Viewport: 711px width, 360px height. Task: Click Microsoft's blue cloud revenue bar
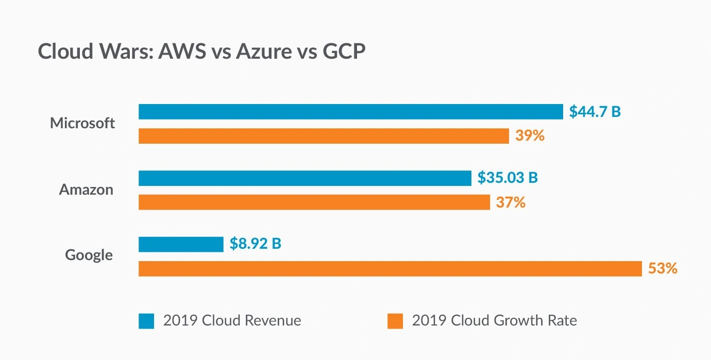pos(350,112)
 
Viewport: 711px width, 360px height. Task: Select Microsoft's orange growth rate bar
pos(324,136)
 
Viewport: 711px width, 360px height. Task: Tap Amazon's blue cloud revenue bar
pos(304,178)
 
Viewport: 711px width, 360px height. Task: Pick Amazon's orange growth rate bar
pos(314,202)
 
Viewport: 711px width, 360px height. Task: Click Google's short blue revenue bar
pos(181,244)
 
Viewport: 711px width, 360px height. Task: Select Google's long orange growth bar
pos(390,268)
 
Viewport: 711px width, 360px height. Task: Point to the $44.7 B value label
pos(595,112)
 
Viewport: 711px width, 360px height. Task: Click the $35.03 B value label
pos(507,178)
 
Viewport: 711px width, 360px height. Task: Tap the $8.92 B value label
pos(256,244)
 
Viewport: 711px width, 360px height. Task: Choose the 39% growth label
pos(529,136)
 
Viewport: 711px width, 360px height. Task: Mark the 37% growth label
pos(511,202)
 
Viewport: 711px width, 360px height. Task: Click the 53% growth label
pos(663,268)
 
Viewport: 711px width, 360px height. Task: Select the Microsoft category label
pos(82,124)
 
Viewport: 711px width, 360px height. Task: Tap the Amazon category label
pos(86,190)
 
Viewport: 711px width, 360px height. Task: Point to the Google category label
pos(89,255)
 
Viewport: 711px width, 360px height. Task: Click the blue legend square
pos(146,321)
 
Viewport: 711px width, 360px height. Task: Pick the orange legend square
pos(395,321)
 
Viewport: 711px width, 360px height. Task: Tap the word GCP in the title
pos(344,53)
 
